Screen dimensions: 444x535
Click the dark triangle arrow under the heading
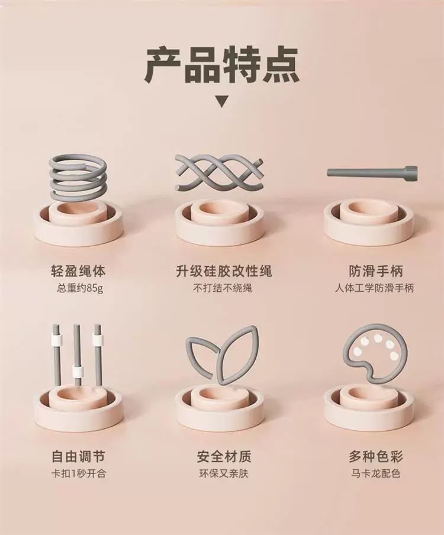coord(222,102)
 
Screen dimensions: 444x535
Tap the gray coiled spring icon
coord(79,176)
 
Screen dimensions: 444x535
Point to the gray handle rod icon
coord(372,173)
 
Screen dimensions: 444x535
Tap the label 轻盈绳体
coord(78,271)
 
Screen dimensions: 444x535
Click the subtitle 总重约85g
coord(79,289)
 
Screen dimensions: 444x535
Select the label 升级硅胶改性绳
coord(224,271)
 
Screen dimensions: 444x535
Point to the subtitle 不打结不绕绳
coord(223,288)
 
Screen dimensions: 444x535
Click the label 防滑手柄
coord(376,271)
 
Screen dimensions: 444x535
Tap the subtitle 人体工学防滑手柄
coord(374,288)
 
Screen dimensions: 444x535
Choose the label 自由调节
coord(78,456)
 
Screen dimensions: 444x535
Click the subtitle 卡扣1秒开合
coord(78,473)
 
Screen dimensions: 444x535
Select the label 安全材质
coord(224,456)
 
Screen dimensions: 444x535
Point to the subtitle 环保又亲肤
coord(224,473)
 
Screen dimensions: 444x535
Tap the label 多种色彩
coord(376,456)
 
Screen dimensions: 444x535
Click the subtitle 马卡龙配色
coord(375,473)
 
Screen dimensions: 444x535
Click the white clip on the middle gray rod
coord(78,371)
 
